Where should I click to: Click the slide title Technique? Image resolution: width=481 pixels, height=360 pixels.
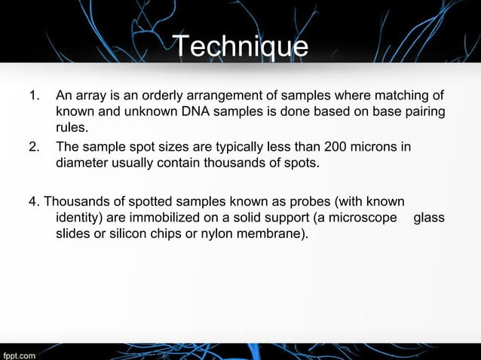coord(241,47)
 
